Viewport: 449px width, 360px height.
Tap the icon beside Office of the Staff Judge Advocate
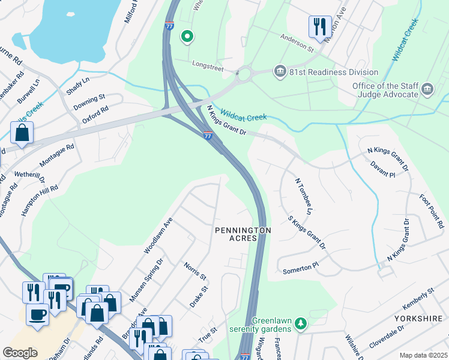click(427, 90)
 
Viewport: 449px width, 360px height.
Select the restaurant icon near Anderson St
click(319, 26)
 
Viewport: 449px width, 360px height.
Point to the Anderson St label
click(297, 41)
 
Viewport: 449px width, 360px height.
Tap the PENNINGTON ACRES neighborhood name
click(243, 234)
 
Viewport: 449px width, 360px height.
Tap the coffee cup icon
click(38, 314)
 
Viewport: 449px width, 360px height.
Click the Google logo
click(20, 352)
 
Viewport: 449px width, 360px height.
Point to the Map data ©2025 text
click(423, 355)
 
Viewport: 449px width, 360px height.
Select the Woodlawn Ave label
click(158, 235)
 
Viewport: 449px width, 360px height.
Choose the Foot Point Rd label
click(431, 211)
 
